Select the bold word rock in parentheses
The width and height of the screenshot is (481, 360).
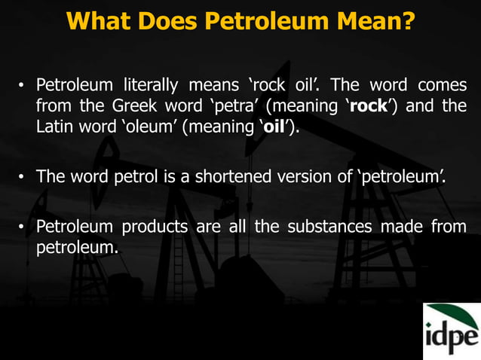[368, 106]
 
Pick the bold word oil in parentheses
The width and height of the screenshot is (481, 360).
[273, 127]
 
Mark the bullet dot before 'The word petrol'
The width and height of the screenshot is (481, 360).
[23, 178]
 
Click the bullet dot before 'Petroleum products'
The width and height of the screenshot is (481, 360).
[23, 228]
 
